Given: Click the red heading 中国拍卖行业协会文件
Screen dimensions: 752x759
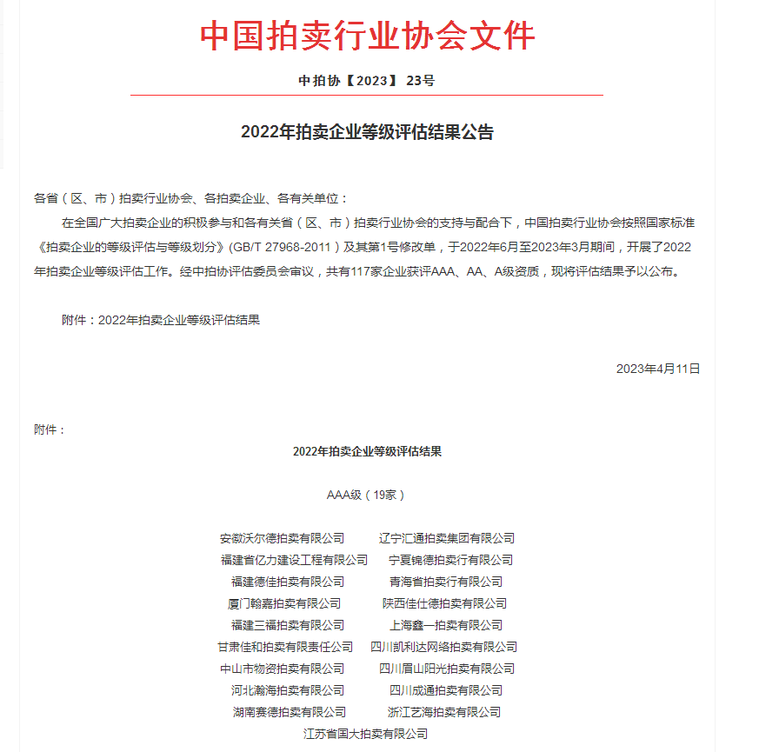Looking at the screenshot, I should pyautogui.click(x=367, y=36).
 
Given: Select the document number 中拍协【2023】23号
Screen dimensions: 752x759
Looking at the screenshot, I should pyautogui.click(x=366, y=81).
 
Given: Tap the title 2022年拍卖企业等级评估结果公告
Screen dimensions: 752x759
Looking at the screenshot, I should pyautogui.click(x=366, y=133).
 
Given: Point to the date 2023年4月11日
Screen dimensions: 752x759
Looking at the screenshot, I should pyautogui.click(x=657, y=369).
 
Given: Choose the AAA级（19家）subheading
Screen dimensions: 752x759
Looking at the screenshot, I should pyautogui.click(x=366, y=495).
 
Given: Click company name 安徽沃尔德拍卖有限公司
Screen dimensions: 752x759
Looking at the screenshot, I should pyautogui.click(x=282, y=538).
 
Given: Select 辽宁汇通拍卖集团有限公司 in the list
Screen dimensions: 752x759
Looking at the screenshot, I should pyautogui.click(x=447, y=538).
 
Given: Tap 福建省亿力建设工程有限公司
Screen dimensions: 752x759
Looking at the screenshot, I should pyautogui.click(x=294, y=560).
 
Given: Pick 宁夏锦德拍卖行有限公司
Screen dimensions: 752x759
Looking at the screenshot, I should pyautogui.click(x=450, y=560).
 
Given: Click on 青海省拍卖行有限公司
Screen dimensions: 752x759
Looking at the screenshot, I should pyautogui.click(x=446, y=582).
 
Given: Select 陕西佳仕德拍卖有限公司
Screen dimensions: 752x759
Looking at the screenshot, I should pyautogui.click(x=444, y=603).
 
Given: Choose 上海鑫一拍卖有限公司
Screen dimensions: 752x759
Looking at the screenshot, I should pyautogui.click(x=446, y=625).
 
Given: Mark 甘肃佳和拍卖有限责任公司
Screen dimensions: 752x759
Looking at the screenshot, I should pyautogui.click(x=285, y=647).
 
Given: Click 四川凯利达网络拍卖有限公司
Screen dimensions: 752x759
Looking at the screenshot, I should pyautogui.click(x=443, y=647).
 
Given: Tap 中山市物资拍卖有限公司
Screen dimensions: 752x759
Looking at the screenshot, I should pyautogui.click(x=282, y=669).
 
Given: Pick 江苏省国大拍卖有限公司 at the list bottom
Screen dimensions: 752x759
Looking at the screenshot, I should pyautogui.click(x=365, y=734).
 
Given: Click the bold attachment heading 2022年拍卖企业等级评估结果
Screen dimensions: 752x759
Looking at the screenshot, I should pyautogui.click(x=367, y=452).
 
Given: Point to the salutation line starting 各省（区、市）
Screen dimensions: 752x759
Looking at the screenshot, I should pyautogui.click(x=190, y=199).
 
